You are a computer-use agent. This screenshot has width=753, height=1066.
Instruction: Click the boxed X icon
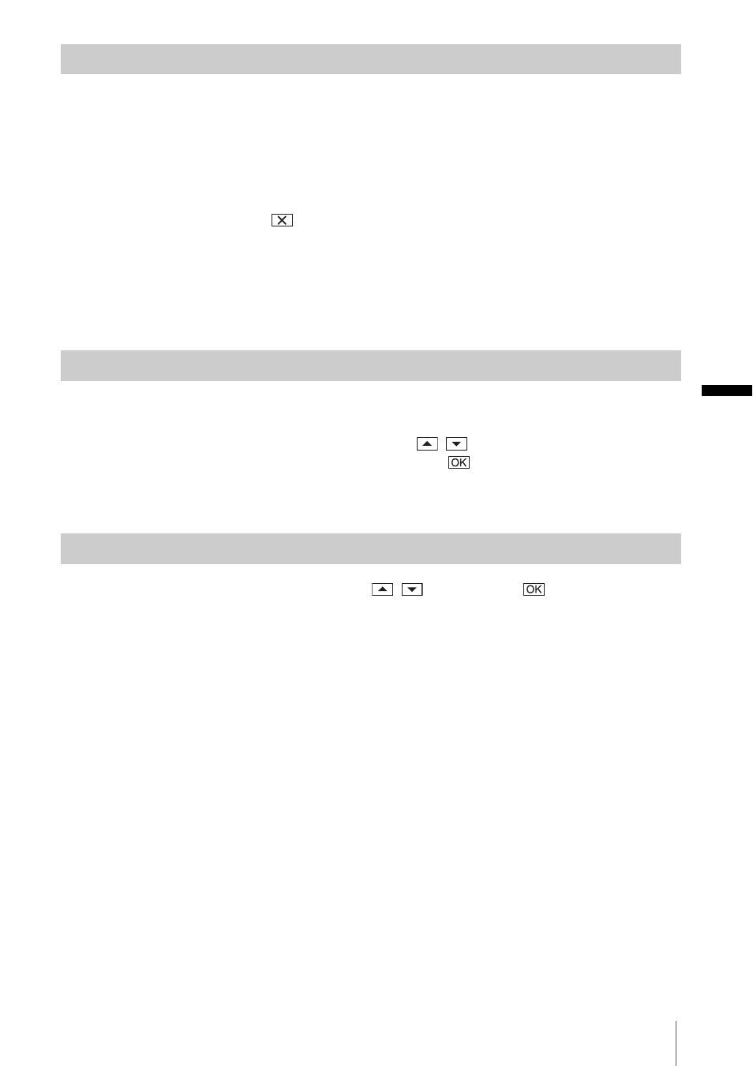tap(282, 220)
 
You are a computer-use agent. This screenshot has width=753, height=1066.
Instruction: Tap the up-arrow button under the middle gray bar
tap(427, 443)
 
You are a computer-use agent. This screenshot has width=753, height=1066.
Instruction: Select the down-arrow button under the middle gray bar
tap(456, 443)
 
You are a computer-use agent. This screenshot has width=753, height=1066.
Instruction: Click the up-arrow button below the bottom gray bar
tap(382, 589)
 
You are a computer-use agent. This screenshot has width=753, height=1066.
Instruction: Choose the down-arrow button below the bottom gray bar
tap(412, 589)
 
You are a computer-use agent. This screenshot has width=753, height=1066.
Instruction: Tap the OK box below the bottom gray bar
tap(534, 589)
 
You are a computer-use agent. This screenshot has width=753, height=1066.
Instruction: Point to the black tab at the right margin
tap(726, 391)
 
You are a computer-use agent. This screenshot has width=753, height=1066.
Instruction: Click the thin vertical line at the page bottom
tap(676, 1043)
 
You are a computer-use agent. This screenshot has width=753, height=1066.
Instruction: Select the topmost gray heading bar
tap(371, 59)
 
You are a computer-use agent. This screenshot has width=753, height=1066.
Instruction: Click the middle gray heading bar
tap(371, 365)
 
